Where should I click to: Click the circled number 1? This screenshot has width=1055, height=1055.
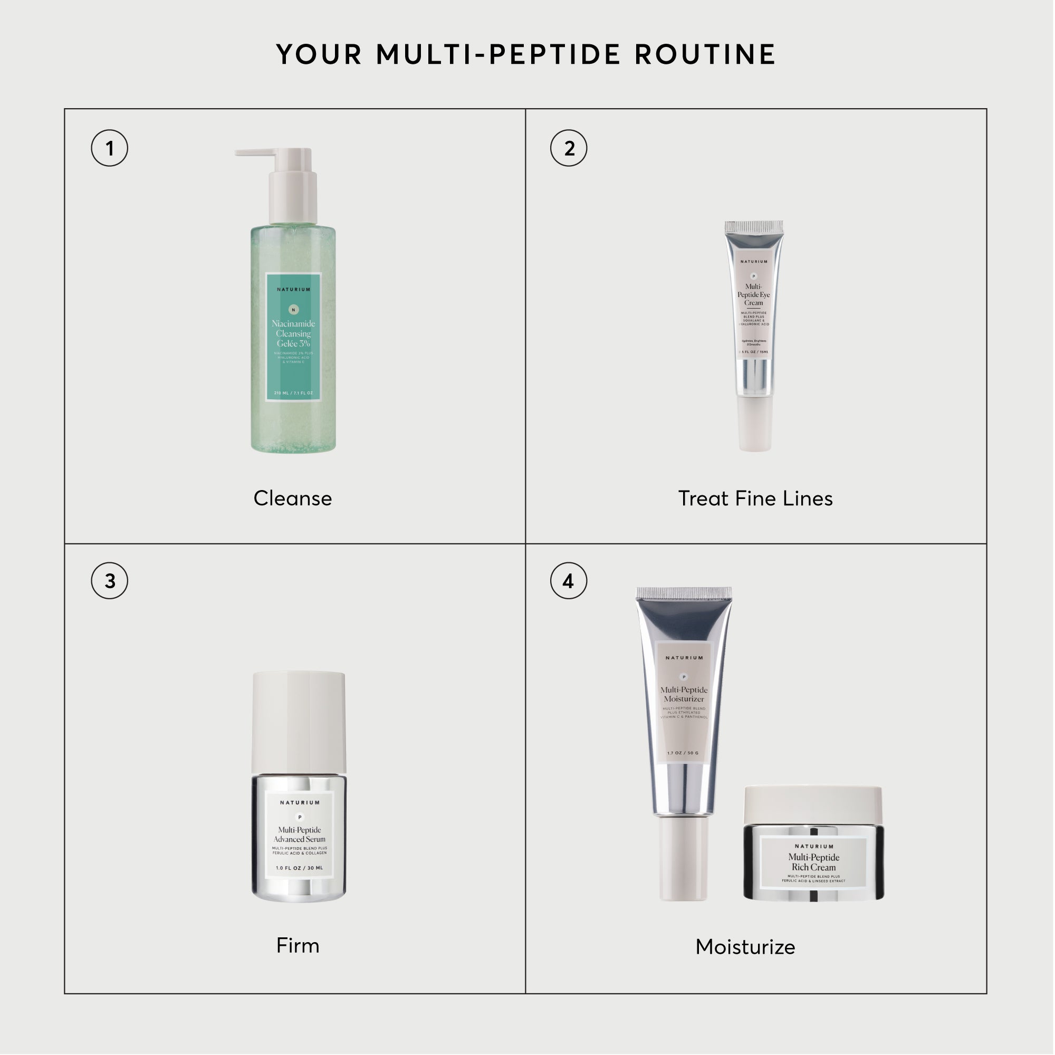tap(109, 148)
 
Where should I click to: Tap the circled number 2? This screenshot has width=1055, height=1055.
tap(569, 148)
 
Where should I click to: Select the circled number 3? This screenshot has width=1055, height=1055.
tap(109, 580)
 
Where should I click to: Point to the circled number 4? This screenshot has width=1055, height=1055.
tap(569, 580)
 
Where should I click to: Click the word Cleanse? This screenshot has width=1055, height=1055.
tap(293, 498)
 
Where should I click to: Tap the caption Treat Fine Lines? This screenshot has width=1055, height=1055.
tap(755, 498)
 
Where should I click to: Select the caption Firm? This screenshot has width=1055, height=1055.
tap(298, 945)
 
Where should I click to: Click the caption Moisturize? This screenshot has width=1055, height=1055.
tap(745, 947)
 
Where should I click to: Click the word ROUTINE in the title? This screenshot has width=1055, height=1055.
tap(705, 55)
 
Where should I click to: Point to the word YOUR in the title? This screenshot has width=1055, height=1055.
tap(320, 55)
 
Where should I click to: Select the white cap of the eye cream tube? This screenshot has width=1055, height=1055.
tap(755, 423)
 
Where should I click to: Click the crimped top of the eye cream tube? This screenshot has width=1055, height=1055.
tap(754, 227)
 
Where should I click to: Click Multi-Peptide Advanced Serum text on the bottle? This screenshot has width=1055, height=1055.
tap(299, 835)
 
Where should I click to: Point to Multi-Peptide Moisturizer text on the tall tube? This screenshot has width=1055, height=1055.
tap(684, 695)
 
